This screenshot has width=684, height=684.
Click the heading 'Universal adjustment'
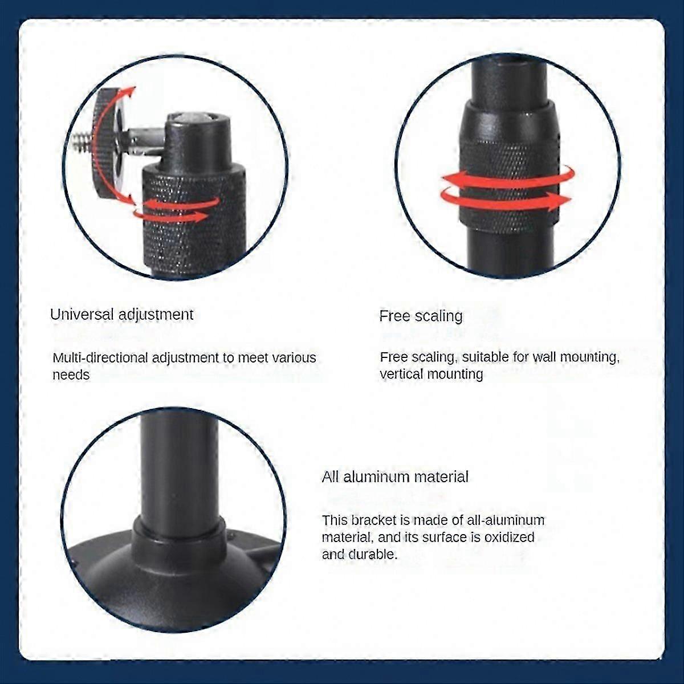tap(122, 315)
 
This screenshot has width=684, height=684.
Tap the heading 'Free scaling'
tap(421, 316)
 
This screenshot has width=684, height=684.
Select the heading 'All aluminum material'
tap(395, 477)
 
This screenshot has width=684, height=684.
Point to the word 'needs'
tap(71, 375)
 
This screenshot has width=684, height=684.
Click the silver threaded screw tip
tap(85, 141)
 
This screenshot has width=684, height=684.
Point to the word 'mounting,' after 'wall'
tap(589, 357)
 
